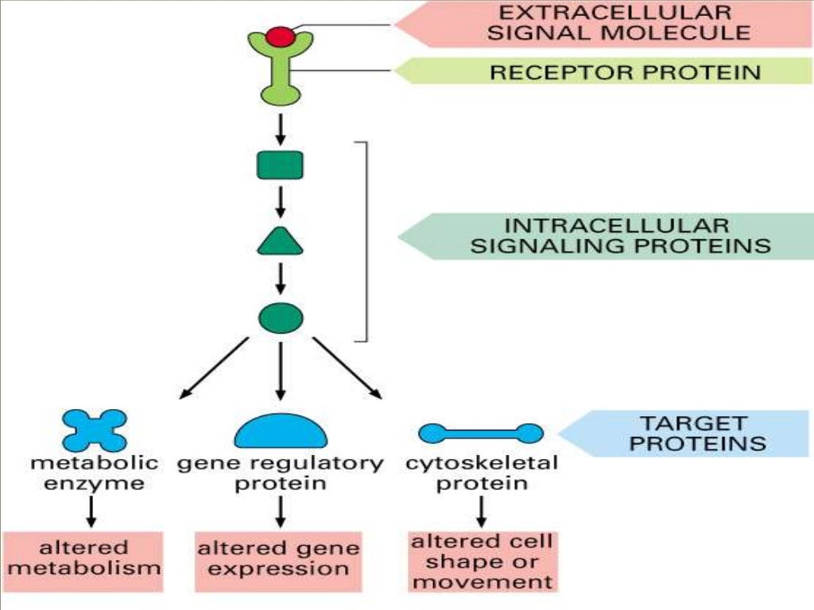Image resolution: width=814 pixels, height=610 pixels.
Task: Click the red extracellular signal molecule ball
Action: [x=280, y=36]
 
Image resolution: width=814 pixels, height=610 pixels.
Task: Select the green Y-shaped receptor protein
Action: [x=280, y=75]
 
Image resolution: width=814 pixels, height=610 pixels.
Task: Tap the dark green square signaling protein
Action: [x=280, y=165]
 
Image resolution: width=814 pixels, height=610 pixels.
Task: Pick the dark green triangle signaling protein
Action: [x=280, y=241]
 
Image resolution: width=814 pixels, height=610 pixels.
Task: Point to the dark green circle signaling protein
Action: [x=281, y=318]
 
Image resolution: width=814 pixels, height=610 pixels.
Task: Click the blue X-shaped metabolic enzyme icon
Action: [x=94, y=430]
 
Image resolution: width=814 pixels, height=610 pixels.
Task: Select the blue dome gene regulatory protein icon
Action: [x=281, y=431]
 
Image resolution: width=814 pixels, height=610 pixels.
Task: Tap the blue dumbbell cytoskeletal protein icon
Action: [x=481, y=433]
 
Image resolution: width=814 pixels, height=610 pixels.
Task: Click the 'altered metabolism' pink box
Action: [x=83, y=560]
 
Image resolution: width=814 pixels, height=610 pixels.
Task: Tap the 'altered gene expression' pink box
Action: [x=279, y=560]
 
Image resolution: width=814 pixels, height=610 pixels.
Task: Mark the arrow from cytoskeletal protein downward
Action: [x=481, y=510]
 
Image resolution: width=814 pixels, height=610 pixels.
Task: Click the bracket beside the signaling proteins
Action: [x=365, y=241]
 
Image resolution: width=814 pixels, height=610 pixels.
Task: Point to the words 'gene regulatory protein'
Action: [x=280, y=473]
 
